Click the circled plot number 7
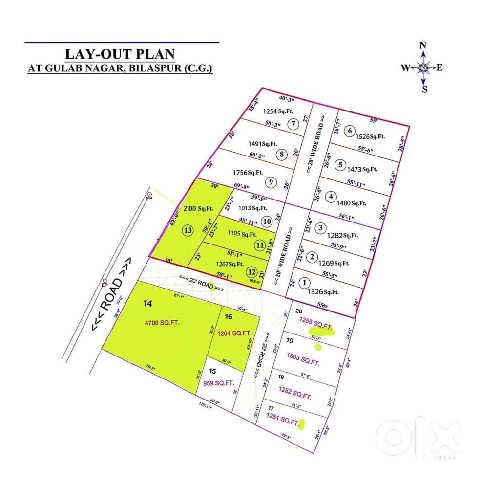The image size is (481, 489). coord(293,123)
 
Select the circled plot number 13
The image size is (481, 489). coord(188,230)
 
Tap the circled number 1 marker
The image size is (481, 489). coord(305,283)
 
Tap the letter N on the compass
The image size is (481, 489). coord(423,45)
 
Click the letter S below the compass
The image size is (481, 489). coord(424,89)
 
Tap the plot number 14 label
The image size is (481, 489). coord(148,303)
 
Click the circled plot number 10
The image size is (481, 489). coord(267,222)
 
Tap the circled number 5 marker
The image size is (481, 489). coord(340,164)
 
